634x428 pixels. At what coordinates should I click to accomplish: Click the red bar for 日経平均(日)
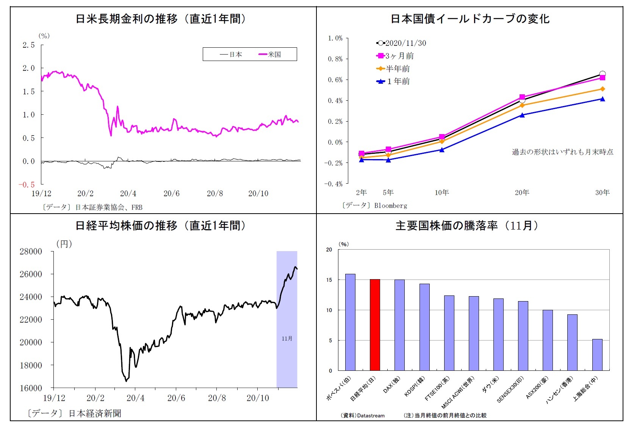pos(375,325)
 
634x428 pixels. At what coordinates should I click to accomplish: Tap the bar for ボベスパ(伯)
pos(350,322)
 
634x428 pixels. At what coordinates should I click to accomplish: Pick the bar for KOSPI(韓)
pos(424,327)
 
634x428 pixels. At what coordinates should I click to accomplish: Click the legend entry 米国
pos(270,55)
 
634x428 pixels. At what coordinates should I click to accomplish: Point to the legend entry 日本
pos(231,55)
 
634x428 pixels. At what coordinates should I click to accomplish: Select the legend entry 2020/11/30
pos(401,43)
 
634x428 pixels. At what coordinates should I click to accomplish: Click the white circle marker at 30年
pos(603,74)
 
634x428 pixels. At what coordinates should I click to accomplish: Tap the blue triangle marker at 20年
pos(522,115)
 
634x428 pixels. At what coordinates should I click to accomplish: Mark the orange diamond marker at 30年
pos(603,89)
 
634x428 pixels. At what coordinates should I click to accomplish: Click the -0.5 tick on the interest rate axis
pos(27,184)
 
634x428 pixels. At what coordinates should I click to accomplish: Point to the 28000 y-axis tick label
pos(31,251)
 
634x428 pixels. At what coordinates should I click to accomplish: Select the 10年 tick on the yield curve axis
pos(442,192)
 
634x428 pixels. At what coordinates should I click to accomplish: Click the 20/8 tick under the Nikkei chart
pos(217,398)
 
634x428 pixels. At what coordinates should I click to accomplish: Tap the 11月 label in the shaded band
pos(287,339)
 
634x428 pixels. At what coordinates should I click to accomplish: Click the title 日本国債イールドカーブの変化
pos(470,19)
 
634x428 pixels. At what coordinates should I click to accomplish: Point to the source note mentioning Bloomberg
pos(375,206)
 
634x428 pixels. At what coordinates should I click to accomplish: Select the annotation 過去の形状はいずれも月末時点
pos(562,152)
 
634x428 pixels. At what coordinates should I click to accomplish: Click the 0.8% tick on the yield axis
pos(335,59)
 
